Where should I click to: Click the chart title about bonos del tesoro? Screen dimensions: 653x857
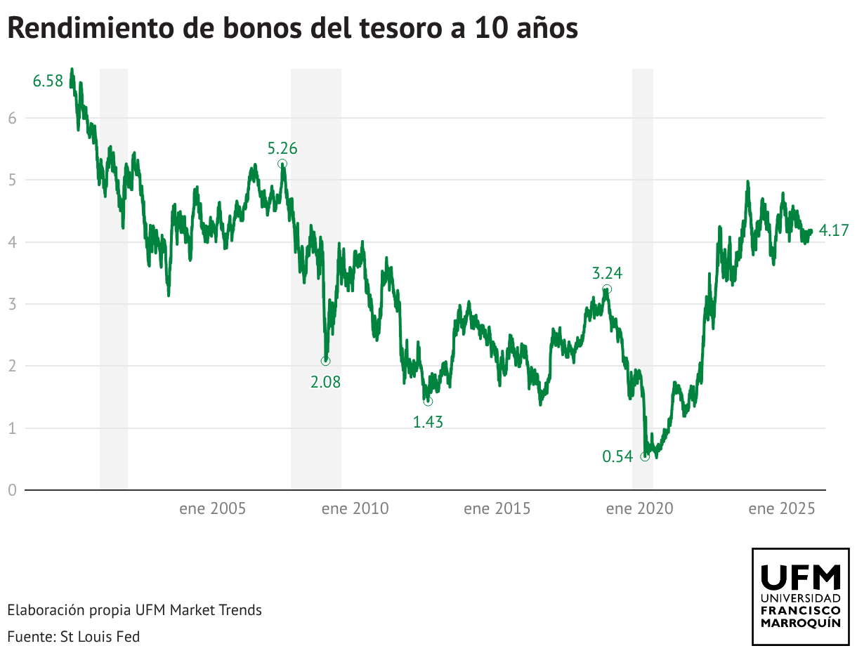[x=292, y=28]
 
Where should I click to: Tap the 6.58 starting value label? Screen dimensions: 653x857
[x=48, y=81]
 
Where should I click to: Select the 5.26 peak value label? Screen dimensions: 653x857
[x=282, y=148]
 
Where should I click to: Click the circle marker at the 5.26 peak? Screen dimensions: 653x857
[x=282, y=164]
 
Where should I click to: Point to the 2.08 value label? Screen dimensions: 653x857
[x=325, y=383]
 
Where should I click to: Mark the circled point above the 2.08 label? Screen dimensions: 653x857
[x=325, y=361]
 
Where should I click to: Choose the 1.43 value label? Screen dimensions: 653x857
[x=428, y=422]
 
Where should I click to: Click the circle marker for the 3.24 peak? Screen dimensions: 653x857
[x=607, y=289]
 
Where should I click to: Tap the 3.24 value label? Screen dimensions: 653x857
[x=607, y=273]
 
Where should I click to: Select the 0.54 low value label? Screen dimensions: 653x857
[x=618, y=456]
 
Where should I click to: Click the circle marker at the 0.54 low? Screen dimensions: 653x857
[x=645, y=456]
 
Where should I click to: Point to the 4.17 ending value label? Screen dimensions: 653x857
[x=835, y=230]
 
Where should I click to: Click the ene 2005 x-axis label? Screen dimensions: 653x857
[x=212, y=508]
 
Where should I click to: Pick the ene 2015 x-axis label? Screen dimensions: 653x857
[x=497, y=508]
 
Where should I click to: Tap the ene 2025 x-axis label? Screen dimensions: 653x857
[x=781, y=508]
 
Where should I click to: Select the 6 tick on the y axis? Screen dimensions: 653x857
[x=12, y=118]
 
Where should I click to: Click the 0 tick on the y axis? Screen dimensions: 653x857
[x=12, y=490]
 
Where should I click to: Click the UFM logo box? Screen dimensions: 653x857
[x=801, y=596]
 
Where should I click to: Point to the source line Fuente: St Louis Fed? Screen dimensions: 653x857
[x=74, y=637]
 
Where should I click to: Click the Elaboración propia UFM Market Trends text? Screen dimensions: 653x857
[x=135, y=610]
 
